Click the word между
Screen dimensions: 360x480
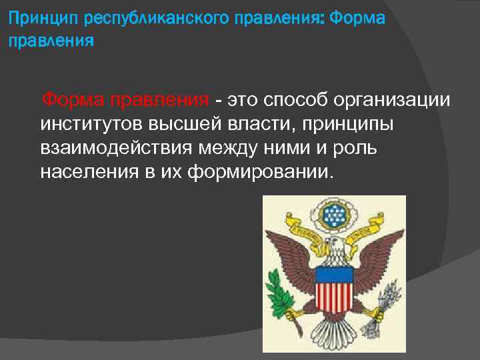(x=222, y=148)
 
